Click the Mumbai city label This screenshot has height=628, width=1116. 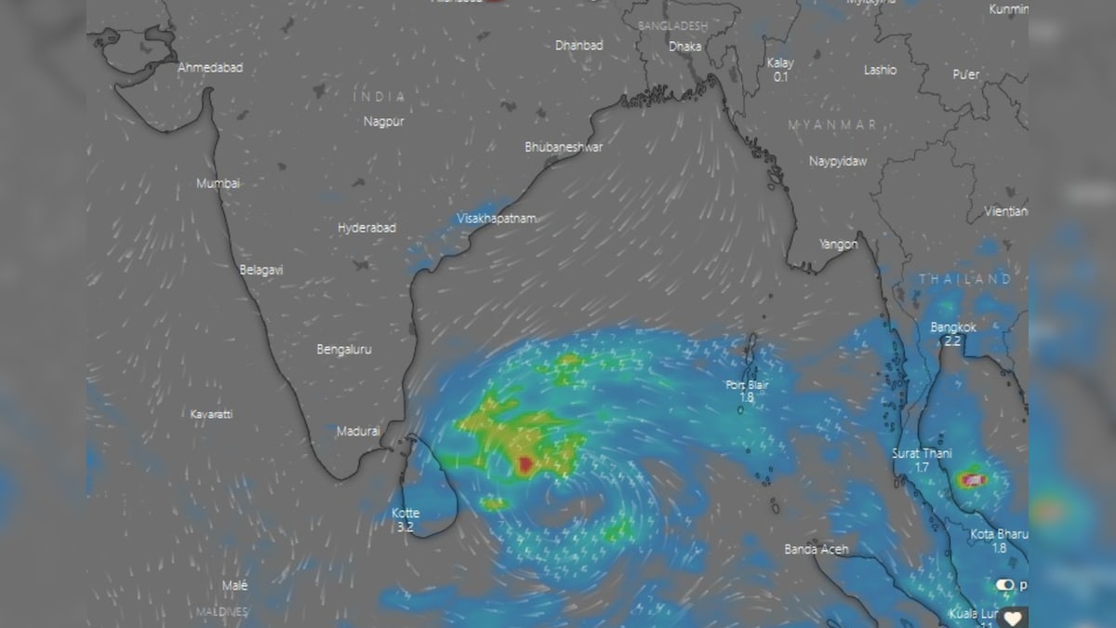tap(218, 183)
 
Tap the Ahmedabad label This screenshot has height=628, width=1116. tap(210, 67)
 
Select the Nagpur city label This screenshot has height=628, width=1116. tap(383, 121)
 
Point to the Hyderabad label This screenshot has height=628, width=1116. tap(366, 227)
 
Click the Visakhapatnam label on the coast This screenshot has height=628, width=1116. tap(497, 218)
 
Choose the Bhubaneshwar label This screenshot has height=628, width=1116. tap(564, 147)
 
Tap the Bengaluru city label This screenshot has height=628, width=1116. tap(344, 349)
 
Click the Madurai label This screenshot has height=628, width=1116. tap(358, 431)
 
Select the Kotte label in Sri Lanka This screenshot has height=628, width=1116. tap(405, 513)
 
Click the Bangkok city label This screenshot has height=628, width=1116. tap(953, 327)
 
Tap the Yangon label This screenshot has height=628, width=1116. tap(838, 244)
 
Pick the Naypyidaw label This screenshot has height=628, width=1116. tap(837, 161)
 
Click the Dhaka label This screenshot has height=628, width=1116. tap(684, 46)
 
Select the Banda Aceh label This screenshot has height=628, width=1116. tap(816, 549)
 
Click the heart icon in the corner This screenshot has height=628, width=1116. tap(1013, 617)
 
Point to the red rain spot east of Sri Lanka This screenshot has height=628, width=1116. tap(526, 463)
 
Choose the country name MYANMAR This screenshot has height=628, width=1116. tap(831, 125)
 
